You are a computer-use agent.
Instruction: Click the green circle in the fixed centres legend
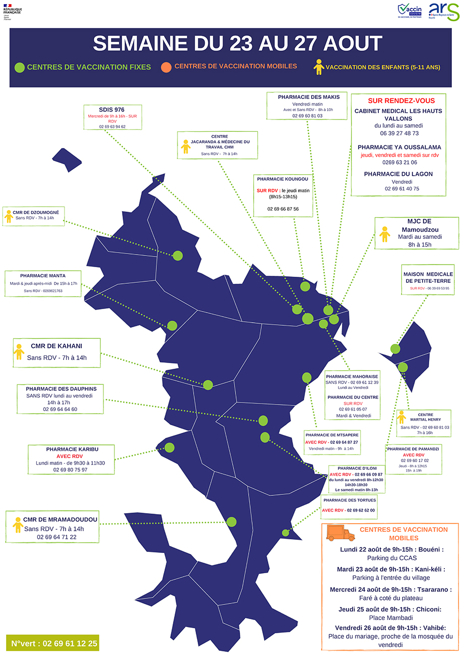(x=20, y=67)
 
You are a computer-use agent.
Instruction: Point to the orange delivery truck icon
(x=340, y=533)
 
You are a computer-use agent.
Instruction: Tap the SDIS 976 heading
(x=112, y=110)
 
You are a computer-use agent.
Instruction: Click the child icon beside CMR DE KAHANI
(x=19, y=352)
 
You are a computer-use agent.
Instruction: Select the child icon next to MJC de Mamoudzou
(x=385, y=234)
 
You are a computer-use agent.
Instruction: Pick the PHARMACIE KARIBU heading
(x=73, y=449)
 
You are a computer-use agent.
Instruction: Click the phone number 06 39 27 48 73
(x=398, y=133)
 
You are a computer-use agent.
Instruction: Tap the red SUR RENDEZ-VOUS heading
(x=398, y=100)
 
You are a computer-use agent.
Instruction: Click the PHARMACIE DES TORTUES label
(x=349, y=500)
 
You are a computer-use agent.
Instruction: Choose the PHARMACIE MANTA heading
(x=43, y=276)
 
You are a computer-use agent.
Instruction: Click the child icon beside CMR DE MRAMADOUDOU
(x=18, y=524)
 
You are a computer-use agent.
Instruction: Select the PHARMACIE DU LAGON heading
(x=398, y=174)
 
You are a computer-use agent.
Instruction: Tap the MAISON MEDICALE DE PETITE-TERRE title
(x=428, y=277)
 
